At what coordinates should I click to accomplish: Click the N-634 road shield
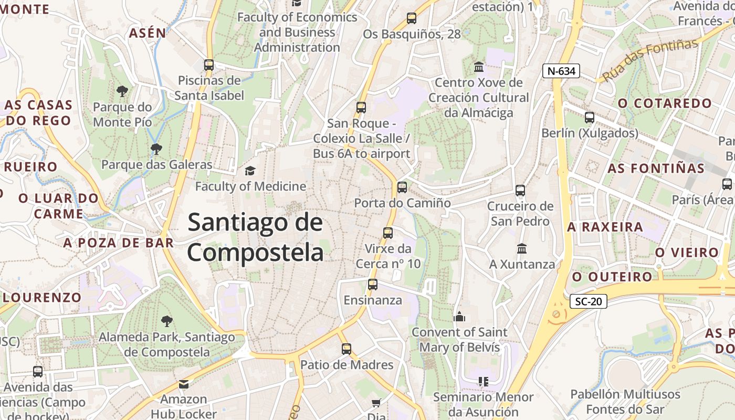561,71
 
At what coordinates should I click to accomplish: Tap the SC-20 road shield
588,301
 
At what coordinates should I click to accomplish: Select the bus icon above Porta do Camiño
402,187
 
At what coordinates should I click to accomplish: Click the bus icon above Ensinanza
373,285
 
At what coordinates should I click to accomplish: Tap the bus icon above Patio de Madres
346,349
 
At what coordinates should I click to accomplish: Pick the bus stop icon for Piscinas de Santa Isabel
209,65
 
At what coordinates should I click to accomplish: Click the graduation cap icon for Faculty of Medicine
250,171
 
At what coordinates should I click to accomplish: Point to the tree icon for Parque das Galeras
156,149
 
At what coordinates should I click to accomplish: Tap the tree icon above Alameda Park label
166,321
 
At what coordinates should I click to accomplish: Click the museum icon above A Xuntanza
522,248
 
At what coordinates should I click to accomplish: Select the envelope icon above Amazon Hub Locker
183,384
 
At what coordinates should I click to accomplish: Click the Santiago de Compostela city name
256,237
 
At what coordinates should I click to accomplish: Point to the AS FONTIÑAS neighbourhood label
656,169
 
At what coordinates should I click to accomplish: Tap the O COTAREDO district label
664,103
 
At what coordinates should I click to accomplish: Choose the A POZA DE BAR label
118,243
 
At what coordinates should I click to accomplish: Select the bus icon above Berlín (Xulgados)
590,118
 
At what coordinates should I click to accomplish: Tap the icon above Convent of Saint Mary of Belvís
460,317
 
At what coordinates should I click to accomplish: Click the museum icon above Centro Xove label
479,67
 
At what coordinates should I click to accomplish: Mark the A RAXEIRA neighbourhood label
605,227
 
